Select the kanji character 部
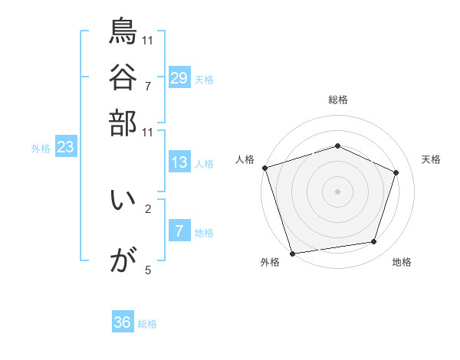click(123, 123)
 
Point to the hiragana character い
click(123, 201)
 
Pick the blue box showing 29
click(179, 78)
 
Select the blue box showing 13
click(179, 162)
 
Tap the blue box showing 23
click(65, 148)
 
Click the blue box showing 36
click(123, 322)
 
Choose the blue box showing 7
click(179, 231)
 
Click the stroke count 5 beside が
click(148, 270)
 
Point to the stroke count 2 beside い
click(148, 208)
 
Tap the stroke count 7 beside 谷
click(148, 85)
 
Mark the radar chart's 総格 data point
click(337, 146)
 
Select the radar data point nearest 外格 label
click(292, 253)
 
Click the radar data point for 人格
click(264, 168)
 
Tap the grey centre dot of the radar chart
click(337, 191)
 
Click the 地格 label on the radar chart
click(402, 263)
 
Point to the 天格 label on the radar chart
click(431, 159)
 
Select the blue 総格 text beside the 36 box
click(147, 324)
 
